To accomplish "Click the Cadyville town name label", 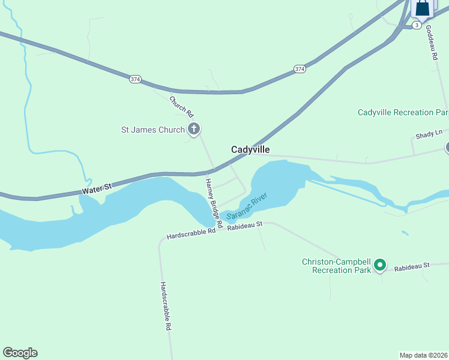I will tap(250, 149).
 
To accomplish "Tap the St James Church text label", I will tap(153, 129).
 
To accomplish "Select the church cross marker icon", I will tap(193, 128).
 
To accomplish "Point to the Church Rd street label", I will tap(182, 107).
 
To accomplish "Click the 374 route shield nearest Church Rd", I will tap(135, 79).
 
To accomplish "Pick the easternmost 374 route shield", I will tap(300, 70).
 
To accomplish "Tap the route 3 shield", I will tap(416, 25).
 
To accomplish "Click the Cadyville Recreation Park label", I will tap(403, 112).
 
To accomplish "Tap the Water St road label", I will tap(97, 188).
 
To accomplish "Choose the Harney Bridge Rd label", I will tap(214, 203).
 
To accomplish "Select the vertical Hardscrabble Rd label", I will tap(166, 307).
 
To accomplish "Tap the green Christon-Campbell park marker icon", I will tap(379, 264).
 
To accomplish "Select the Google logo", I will tap(20, 353).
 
